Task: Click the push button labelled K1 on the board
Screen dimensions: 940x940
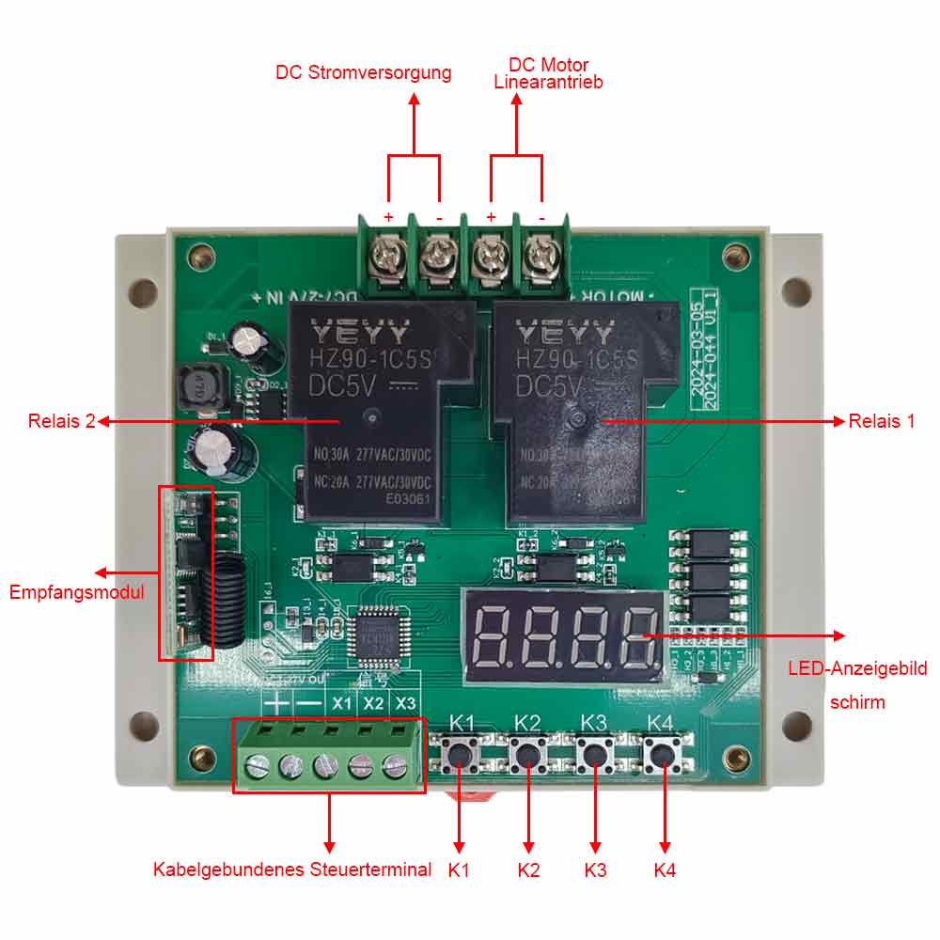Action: pyautogui.click(x=461, y=754)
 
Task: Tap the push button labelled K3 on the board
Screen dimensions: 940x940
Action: pyautogui.click(x=593, y=754)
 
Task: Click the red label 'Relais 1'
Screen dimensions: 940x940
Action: pyautogui.click(x=881, y=421)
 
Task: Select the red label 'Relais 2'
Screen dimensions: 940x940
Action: pyautogui.click(x=62, y=421)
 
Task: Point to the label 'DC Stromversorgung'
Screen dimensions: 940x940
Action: pyautogui.click(x=363, y=72)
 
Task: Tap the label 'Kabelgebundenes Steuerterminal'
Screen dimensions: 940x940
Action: pyautogui.click(x=292, y=869)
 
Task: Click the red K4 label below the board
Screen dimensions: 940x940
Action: pyautogui.click(x=665, y=869)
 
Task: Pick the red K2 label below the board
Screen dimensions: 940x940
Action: pyautogui.click(x=528, y=869)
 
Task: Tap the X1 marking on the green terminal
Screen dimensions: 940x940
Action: pyautogui.click(x=341, y=703)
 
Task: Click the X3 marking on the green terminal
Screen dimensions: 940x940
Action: pyautogui.click(x=405, y=703)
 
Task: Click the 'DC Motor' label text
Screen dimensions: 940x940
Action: pyautogui.click(x=548, y=65)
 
